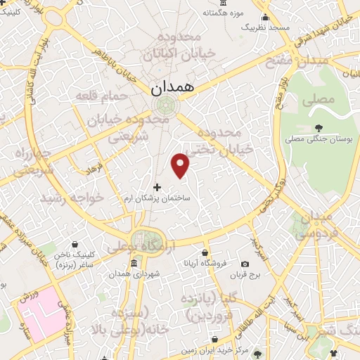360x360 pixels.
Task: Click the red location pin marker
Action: click(x=181, y=165)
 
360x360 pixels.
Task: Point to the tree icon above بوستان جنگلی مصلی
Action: click(x=319, y=127)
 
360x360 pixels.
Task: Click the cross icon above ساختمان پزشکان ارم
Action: click(x=157, y=187)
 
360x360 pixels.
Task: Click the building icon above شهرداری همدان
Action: click(x=134, y=264)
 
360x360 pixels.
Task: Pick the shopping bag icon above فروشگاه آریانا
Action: click(x=205, y=252)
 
